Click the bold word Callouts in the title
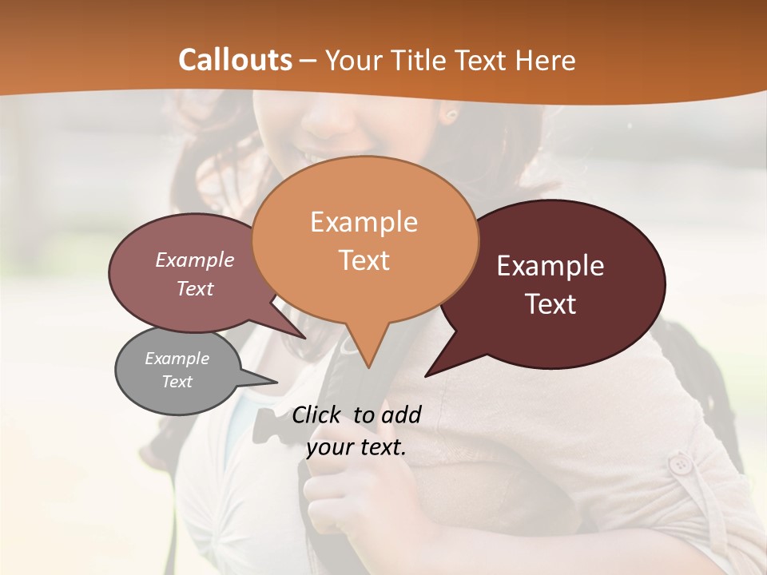[235, 60]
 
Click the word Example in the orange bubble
[364, 222]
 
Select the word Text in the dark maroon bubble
[551, 304]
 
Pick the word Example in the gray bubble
[177, 359]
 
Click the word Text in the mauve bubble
[195, 288]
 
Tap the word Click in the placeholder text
[317, 414]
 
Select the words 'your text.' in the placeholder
[356, 448]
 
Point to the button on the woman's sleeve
[680, 464]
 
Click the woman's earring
[449, 114]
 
